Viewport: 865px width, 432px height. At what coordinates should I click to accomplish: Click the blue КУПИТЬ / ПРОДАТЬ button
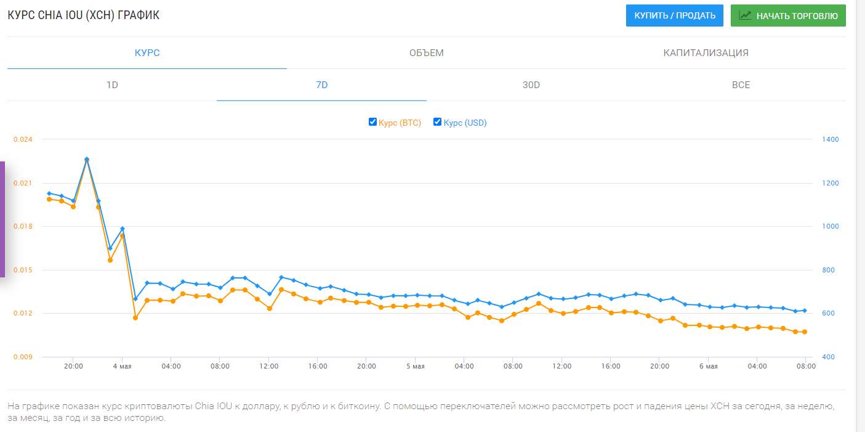tap(674, 15)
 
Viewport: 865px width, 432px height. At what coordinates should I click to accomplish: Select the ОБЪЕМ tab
tap(426, 53)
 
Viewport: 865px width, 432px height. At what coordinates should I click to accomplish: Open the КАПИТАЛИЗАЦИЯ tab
tap(706, 53)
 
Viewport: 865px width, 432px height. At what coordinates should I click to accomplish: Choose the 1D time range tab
tap(112, 85)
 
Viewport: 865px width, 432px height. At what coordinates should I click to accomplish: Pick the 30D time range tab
tap(531, 85)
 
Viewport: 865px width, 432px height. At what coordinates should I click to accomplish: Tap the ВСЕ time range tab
tap(741, 85)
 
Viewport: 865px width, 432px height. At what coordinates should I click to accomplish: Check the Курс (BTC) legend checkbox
tap(372, 122)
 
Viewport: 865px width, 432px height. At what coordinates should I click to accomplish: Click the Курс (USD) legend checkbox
tap(437, 122)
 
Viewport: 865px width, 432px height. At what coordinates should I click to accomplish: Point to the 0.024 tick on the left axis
tap(23, 139)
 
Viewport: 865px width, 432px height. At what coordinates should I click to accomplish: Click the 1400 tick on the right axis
tap(831, 139)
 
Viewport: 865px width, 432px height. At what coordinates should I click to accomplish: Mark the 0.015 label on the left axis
tap(23, 270)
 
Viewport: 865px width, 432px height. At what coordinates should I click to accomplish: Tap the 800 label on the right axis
tap(828, 270)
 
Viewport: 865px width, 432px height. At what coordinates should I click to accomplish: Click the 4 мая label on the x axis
tap(122, 366)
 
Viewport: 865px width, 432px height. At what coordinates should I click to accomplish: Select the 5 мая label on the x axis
tap(415, 366)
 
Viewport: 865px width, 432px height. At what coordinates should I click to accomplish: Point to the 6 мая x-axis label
tap(708, 366)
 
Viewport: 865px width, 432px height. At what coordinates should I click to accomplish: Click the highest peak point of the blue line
tap(87, 159)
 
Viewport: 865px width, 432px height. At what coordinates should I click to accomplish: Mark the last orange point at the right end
tap(805, 332)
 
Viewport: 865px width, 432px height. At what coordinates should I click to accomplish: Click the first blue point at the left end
tap(49, 194)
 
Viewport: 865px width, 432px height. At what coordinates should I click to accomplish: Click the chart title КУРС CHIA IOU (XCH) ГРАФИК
tap(83, 15)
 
